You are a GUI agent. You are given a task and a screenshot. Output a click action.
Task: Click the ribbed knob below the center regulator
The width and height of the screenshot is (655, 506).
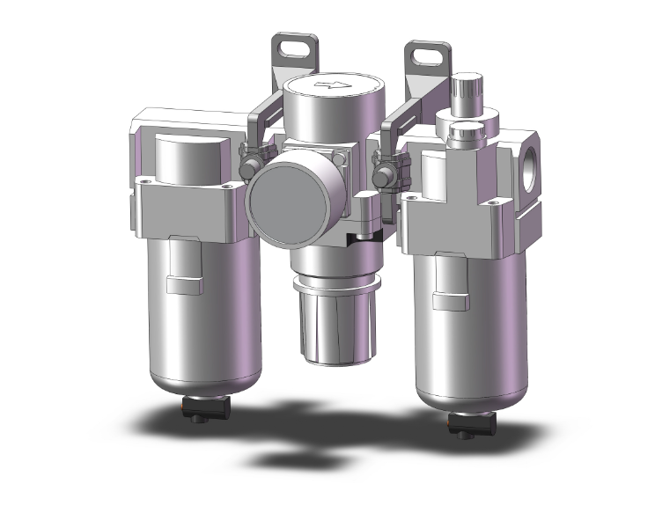click(325, 321)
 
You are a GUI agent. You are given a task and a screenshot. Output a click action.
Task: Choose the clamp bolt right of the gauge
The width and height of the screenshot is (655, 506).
click(383, 172)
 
